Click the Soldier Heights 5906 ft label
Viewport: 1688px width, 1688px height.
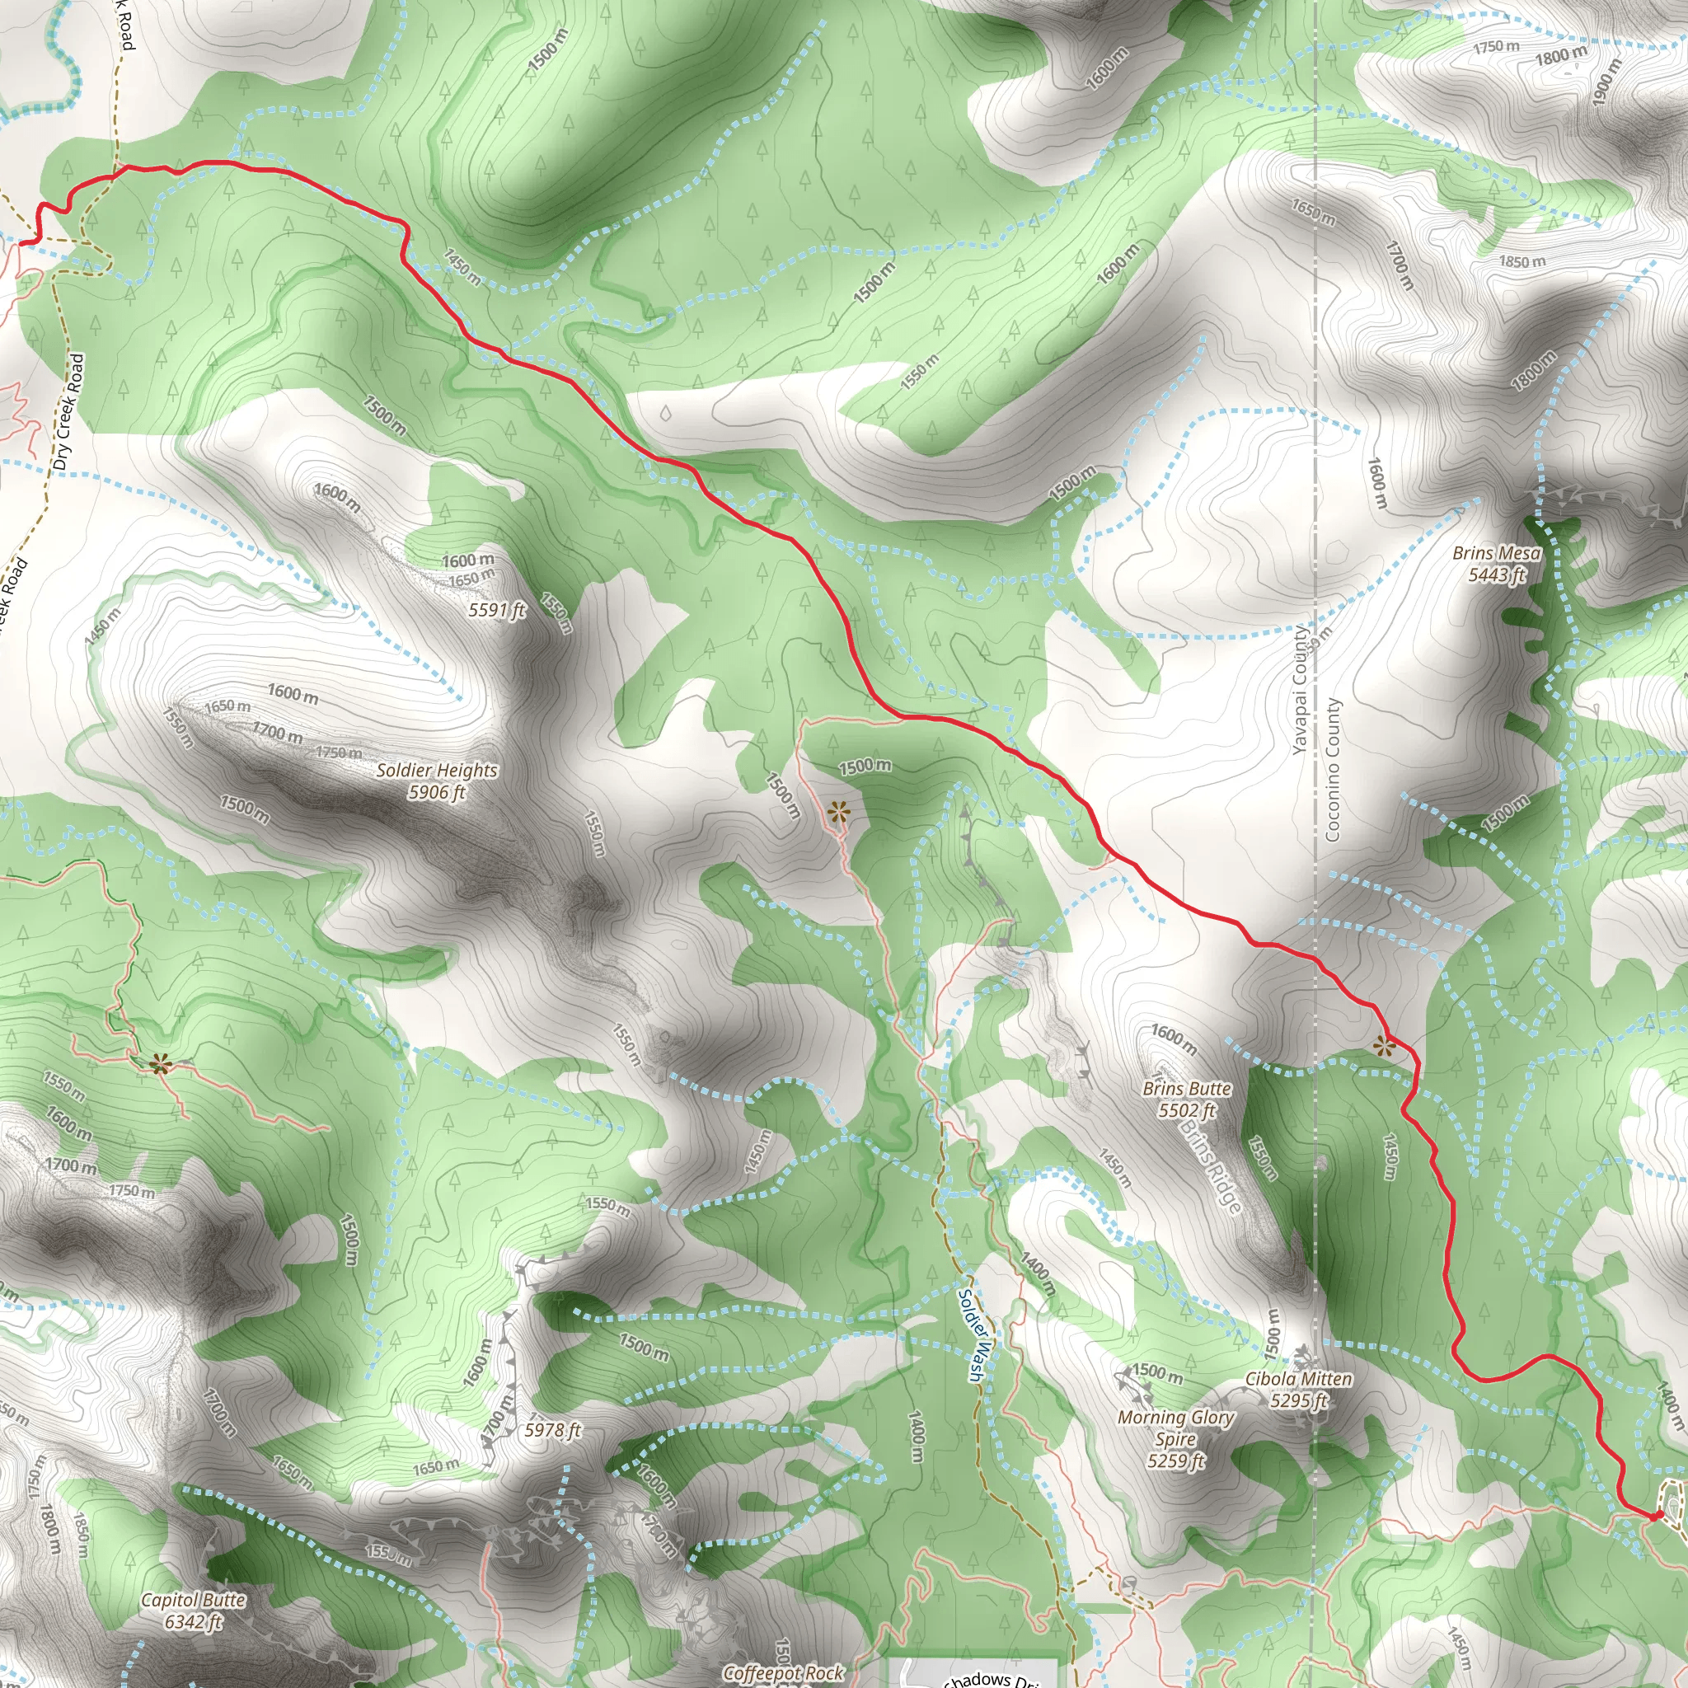coord(436,781)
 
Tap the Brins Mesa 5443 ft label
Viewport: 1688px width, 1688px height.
coord(1496,564)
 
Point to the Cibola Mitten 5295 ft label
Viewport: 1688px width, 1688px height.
coord(1298,1389)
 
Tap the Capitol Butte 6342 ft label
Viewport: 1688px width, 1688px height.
coord(193,1611)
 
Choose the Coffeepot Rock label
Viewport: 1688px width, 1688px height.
coord(783,1672)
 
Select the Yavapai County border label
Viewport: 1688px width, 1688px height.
coord(1300,690)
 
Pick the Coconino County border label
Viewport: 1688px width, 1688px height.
coord(1333,769)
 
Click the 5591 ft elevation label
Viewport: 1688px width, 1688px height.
coord(497,610)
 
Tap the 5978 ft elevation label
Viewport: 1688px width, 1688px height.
coord(553,1430)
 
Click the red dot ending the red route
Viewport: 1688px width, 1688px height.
coord(1654,1516)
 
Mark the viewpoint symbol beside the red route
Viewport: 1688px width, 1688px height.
coord(1383,1046)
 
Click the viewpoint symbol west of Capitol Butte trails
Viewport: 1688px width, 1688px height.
coord(160,1063)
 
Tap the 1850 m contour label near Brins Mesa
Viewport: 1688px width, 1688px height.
coord(1522,261)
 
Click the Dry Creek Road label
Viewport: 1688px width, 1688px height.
coord(68,411)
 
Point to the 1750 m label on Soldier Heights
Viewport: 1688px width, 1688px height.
coord(339,753)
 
